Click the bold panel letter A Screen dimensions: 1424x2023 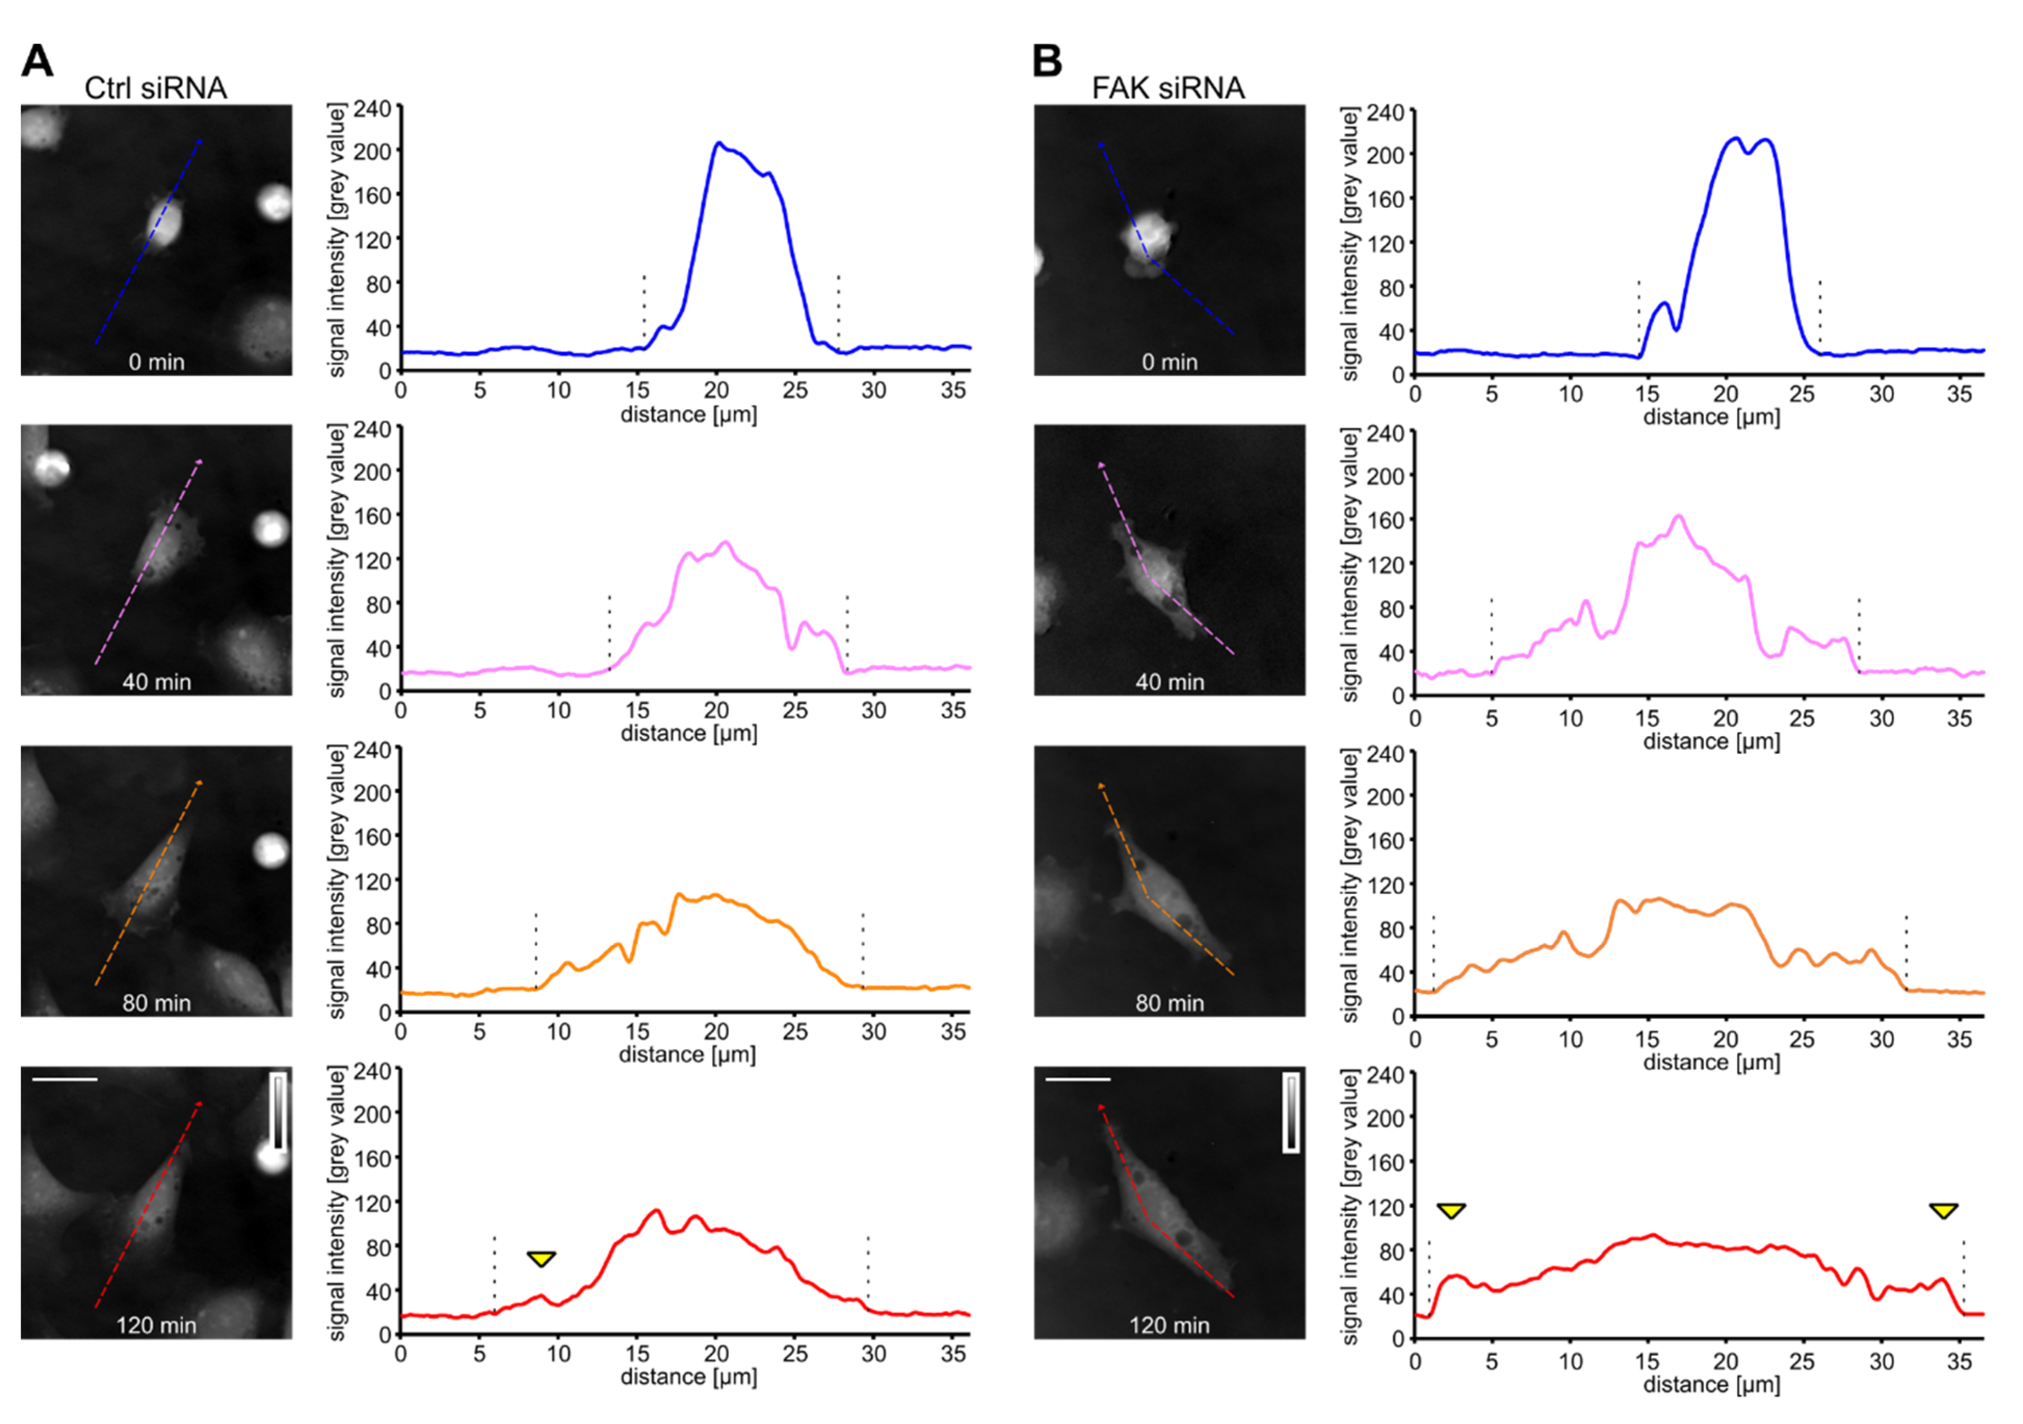pyautogui.click(x=37, y=61)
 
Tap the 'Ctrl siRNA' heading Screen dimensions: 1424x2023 pyautogui.click(x=155, y=88)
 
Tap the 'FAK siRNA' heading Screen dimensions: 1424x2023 pyautogui.click(x=1168, y=88)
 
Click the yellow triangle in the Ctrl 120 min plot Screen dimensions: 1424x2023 pyautogui.click(x=541, y=1258)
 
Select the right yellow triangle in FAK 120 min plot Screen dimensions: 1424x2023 pyautogui.click(x=1943, y=1211)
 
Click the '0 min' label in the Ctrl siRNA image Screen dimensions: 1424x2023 pyautogui.click(x=156, y=362)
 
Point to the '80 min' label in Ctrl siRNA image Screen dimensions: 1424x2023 pyautogui.click(x=156, y=1003)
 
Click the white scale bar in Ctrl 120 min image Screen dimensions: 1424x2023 pyautogui.click(x=63, y=1078)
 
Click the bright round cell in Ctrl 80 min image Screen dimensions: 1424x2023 pyautogui.click(x=271, y=850)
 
